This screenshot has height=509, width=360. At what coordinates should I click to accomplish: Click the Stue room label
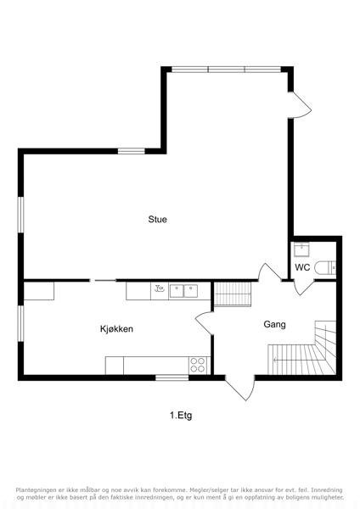click(x=158, y=220)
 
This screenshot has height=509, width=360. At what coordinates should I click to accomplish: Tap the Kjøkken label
click(x=116, y=329)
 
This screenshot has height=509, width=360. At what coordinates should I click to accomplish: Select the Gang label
click(x=274, y=324)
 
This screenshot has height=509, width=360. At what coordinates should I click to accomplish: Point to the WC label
click(x=302, y=267)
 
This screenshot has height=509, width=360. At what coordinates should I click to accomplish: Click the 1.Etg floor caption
click(x=181, y=415)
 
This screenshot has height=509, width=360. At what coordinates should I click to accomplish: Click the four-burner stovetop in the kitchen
click(x=198, y=365)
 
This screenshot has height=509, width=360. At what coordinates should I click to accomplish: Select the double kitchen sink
click(x=183, y=291)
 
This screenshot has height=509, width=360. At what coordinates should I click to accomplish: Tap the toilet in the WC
click(x=325, y=268)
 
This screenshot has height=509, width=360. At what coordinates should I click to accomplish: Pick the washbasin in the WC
click(x=301, y=249)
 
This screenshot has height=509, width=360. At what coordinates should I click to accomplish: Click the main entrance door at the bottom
click(x=240, y=388)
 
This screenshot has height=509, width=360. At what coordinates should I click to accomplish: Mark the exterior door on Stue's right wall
click(x=300, y=104)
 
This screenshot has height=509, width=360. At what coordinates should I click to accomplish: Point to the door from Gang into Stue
click(x=268, y=272)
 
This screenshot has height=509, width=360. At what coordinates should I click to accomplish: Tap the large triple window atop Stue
click(x=226, y=70)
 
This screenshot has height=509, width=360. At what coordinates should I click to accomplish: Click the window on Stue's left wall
click(x=20, y=215)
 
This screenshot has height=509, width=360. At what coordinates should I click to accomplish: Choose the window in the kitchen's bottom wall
click(x=172, y=378)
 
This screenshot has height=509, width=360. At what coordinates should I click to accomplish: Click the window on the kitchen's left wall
click(x=20, y=323)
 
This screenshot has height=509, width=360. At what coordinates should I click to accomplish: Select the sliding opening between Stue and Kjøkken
click(x=103, y=280)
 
